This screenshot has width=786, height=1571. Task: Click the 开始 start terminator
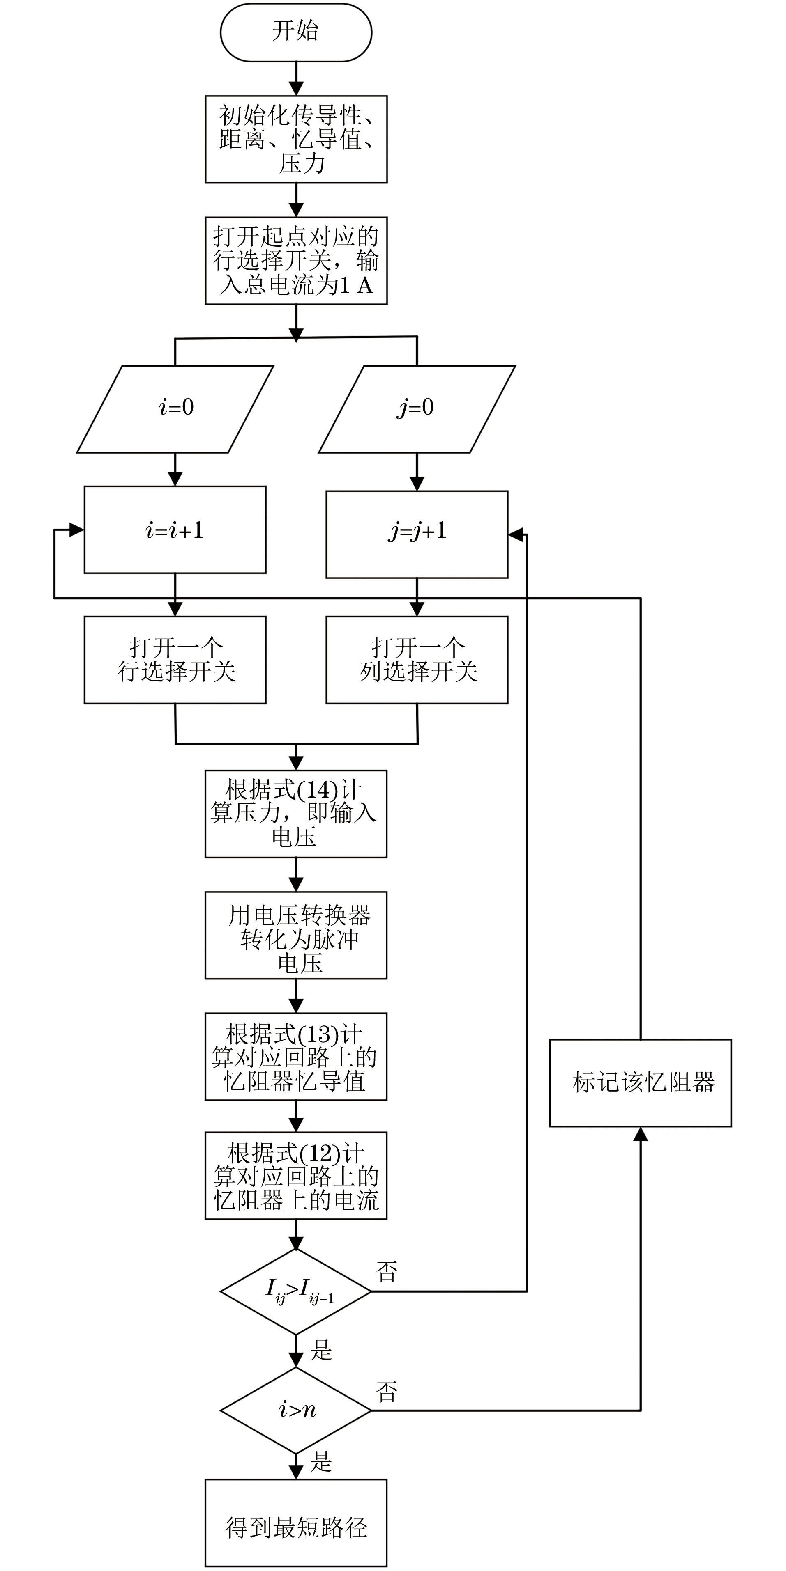(x=296, y=32)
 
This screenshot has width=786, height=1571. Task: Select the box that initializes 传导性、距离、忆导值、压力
(x=296, y=139)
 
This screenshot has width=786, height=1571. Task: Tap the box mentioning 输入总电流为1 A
(x=296, y=260)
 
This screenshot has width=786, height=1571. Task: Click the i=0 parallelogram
(x=175, y=408)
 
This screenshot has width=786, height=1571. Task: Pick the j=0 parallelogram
(x=417, y=408)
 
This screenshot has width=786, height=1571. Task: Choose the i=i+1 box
(x=175, y=530)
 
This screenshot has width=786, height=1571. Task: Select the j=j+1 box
(x=417, y=534)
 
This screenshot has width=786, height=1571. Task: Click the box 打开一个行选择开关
(x=175, y=660)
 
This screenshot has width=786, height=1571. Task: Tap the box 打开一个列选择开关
(x=417, y=660)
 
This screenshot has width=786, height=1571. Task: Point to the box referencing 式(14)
(x=296, y=814)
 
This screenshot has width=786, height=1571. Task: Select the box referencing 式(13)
(x=296, y=1056)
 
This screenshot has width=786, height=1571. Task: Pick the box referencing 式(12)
(x=296, y=1176)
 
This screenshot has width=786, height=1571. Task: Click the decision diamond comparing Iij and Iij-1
(x=296, y=1292)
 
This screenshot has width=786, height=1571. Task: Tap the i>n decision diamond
(x=296, y=1410)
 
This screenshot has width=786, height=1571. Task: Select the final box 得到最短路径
(x=296, y=1523)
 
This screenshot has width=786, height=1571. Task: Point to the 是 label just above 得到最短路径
(x=321, y=1462)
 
